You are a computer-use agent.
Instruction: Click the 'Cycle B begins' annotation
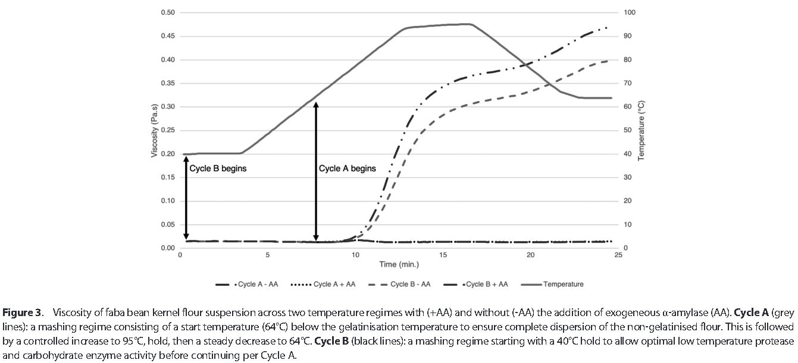218,168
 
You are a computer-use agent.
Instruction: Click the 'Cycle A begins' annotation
348,168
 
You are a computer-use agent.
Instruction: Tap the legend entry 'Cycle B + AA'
476,284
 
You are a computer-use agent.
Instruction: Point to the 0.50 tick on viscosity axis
168,12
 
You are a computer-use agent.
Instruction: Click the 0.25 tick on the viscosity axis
168,130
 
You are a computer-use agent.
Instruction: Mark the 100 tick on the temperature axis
630,12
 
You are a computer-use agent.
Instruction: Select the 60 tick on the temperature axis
628,107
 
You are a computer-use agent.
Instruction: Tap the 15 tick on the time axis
443,255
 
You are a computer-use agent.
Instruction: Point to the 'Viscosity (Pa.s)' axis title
155,130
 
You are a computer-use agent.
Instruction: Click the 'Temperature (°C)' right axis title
641,130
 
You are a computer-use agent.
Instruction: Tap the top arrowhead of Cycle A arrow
316,104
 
